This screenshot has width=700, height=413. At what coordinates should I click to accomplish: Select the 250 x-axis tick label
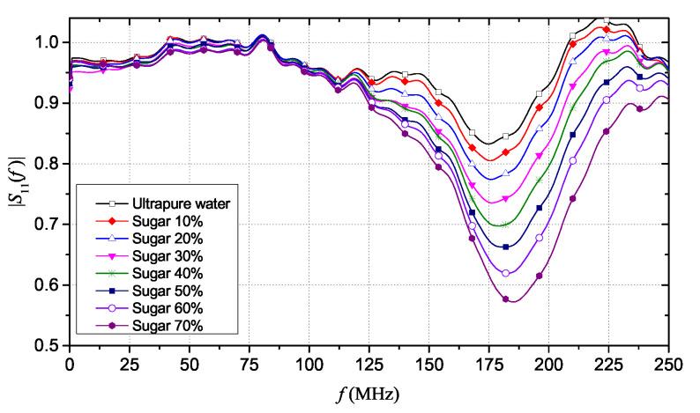click(669, 361)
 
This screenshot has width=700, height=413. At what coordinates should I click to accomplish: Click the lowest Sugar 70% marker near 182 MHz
click(506, 299)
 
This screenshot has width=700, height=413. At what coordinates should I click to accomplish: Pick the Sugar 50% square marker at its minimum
click(506, 247)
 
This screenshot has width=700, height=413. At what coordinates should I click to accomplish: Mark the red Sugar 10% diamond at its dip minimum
click(505, 152)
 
